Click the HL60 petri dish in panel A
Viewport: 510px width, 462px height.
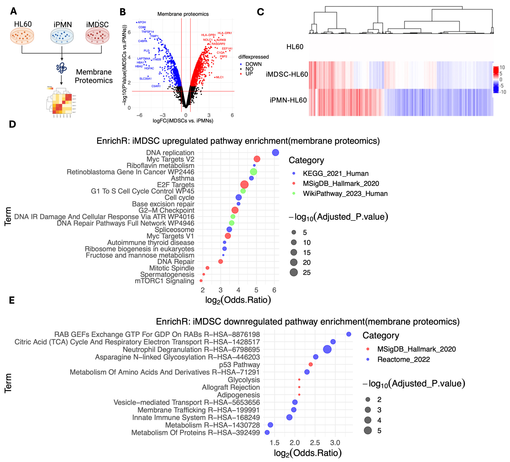pos(22,36)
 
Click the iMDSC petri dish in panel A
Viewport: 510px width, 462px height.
pos(97,36)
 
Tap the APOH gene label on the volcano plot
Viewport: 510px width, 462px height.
pos(142,22)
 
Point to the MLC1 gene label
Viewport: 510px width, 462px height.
pos(220,77)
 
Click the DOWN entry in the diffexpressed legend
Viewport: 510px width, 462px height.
pos(253,64)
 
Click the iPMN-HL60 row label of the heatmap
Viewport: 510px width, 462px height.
pos(288,100)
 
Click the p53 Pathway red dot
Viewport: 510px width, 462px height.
pos(311,365)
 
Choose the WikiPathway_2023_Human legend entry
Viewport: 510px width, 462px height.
pos(345,194)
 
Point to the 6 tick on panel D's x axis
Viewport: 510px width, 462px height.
pos(274,290)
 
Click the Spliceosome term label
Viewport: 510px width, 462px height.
pos(174,230)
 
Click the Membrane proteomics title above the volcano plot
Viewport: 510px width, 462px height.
pos(183,14)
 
